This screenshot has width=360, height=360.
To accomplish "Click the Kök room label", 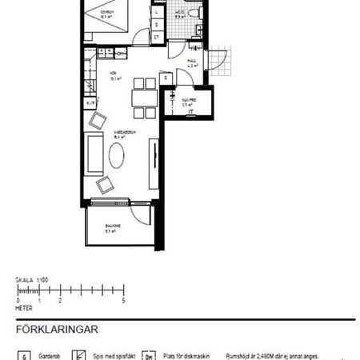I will tap(114, 78).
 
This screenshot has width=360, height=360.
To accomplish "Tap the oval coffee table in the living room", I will tap(117, 155).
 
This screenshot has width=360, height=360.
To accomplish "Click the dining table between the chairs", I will tap(144, 97).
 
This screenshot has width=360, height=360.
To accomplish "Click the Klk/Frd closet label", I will tap(189, 102).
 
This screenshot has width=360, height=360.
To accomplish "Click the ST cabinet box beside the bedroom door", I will tap(156, 37).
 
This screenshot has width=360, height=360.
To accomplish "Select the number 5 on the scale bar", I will tap(123, 300).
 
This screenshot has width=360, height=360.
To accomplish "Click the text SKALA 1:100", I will tap(32, 281).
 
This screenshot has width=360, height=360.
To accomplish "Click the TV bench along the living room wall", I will tap(153, 164).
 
